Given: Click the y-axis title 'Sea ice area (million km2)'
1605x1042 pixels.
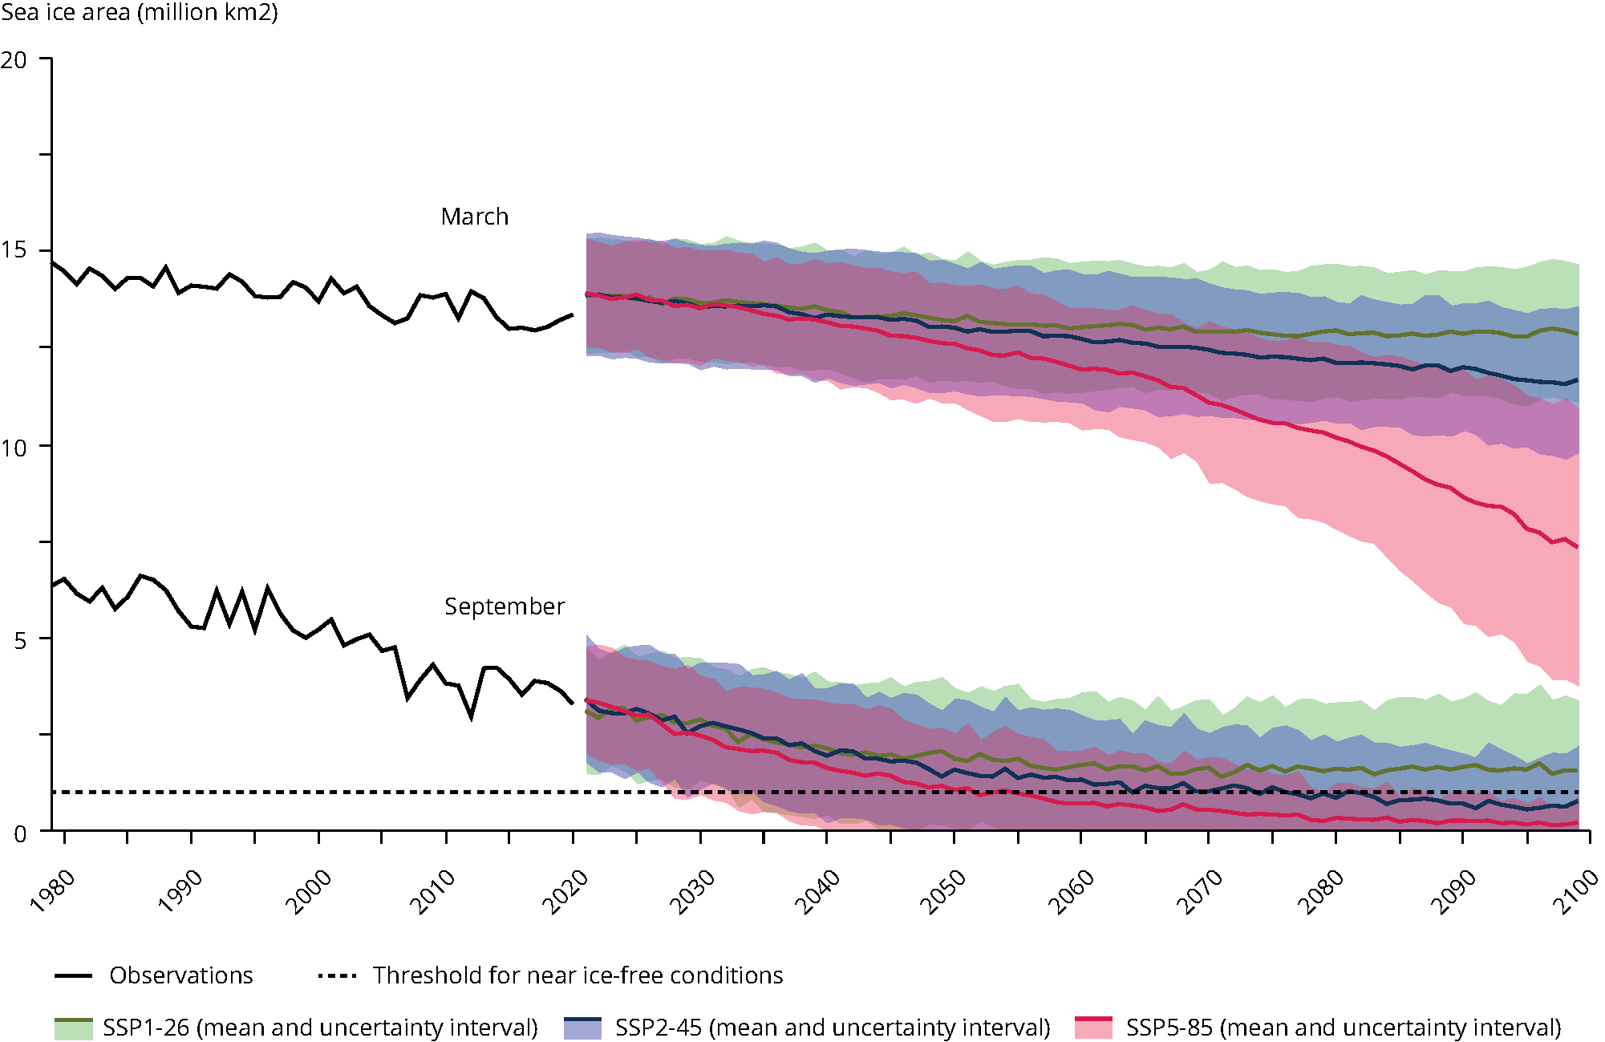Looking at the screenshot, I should point(140,13).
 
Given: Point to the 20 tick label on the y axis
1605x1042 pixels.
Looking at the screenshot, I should point(14,60).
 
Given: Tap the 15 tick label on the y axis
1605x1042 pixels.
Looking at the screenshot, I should point(14,250).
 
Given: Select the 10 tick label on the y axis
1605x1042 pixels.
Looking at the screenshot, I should point(14,448).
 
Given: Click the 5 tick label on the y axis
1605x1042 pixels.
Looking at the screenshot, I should point(21,640).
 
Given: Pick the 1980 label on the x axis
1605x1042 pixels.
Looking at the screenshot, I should point(53,890).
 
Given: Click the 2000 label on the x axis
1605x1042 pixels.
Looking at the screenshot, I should point(309,890).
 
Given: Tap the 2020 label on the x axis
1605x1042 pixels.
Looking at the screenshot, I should point(565,890).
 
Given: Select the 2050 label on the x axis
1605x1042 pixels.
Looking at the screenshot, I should point(943,890).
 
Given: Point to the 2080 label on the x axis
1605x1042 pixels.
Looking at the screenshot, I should point(1322,890).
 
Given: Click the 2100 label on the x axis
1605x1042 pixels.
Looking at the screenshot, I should point(1575,890).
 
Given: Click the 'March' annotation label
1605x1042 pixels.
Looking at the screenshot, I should point(475,217).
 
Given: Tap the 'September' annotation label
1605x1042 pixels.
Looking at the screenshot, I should point(505,606).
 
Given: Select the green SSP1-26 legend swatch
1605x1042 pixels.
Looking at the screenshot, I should point(74,1028).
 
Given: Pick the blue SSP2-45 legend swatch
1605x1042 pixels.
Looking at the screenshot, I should point(582,1028).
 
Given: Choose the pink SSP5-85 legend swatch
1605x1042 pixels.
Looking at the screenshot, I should point(1093,1028).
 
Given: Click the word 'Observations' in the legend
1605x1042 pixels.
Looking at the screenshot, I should point(181,975).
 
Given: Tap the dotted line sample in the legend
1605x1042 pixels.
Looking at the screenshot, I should point(337,975).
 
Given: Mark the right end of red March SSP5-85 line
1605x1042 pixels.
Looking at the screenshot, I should point(1578,547).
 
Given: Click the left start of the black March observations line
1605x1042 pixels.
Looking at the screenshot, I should point(52,262).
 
